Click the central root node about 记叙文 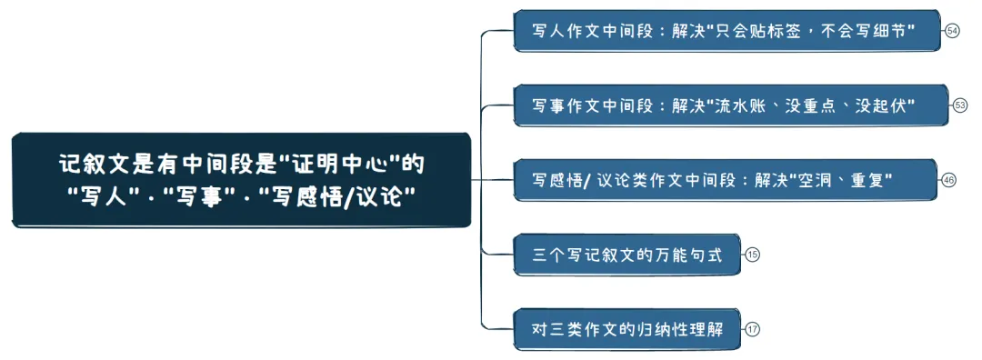[242, 179]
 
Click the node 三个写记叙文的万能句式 [627, 255]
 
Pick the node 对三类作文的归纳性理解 [627, 329]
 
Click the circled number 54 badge [952, 31]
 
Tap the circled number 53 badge [960, 105]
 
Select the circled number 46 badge [949, 180]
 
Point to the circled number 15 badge [752, 255]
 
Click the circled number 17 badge [752, 329]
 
